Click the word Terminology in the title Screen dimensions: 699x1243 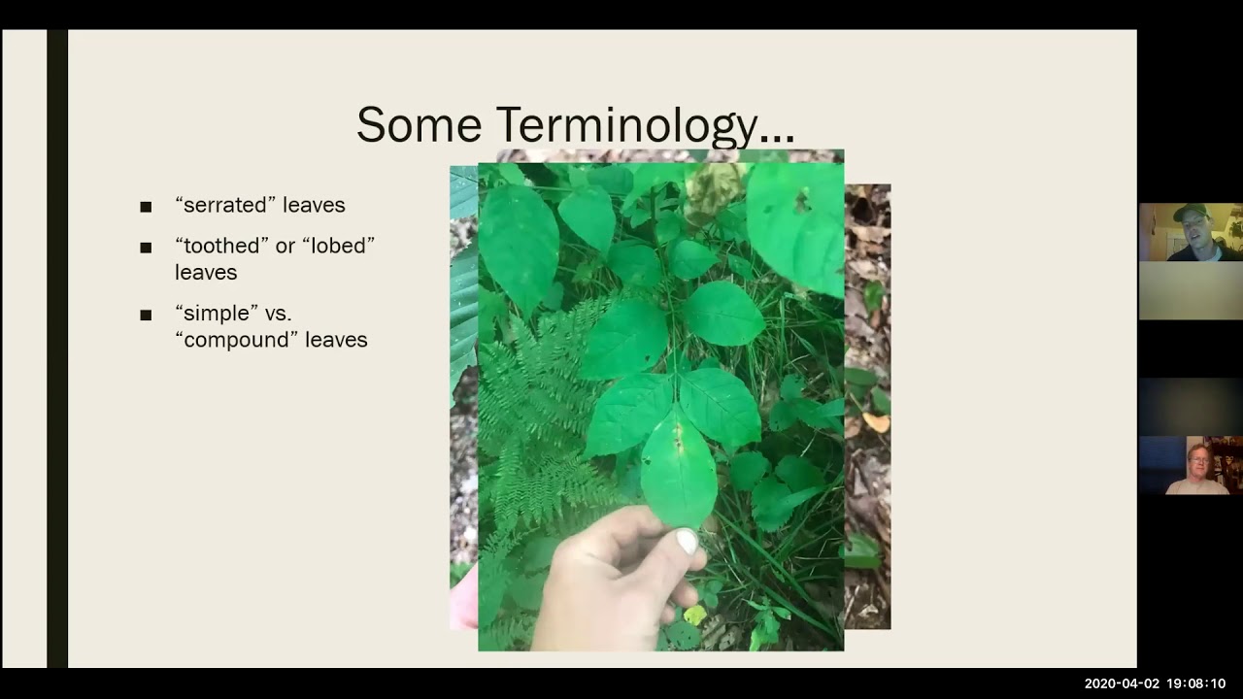click(x=645, y=126)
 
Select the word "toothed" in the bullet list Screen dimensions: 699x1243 click(x=221, y=246)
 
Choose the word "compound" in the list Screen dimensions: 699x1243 click(x=236, y=340)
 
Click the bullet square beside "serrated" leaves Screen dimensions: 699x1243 click(x=146, y=207)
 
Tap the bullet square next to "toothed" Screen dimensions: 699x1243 click(x=146, y=248)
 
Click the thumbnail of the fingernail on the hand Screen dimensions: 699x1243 click(x=687, y=542)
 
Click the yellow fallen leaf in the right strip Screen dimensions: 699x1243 click(x=876, y=422)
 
